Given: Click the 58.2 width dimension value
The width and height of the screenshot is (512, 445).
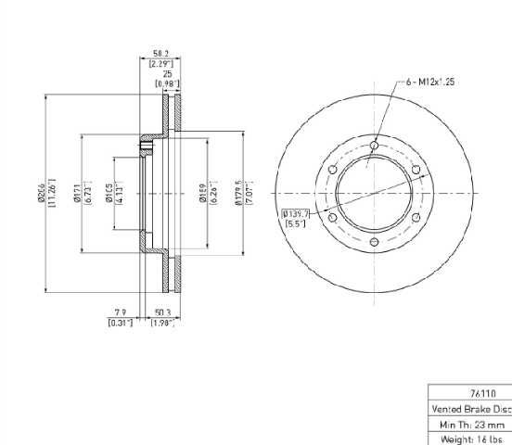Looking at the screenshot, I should [160, 54].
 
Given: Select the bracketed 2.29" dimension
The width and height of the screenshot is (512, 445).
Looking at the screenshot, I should [160, 63].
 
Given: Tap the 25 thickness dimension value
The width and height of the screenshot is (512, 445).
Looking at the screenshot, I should [167, 73].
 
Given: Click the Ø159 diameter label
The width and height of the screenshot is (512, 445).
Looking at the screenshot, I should [203, 192].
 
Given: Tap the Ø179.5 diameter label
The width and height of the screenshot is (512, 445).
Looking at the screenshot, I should [238, 192].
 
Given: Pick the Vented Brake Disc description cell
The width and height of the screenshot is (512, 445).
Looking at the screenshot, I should [470, 408].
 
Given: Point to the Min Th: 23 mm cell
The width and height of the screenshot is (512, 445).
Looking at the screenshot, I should [470, 423].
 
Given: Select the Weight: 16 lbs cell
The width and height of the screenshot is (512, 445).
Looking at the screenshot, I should [470, 438].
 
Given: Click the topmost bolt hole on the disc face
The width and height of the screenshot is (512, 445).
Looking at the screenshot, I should [374, 144].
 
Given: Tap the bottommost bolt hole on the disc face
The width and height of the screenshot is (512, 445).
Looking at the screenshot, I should [374, 243].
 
